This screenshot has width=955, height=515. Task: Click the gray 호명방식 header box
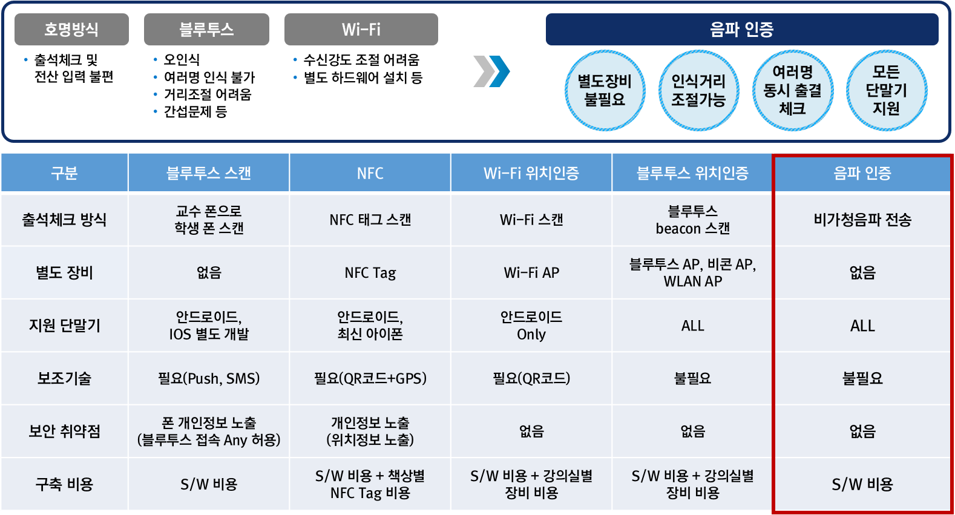tap(71, 29)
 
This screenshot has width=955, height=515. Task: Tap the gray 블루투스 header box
tap(206, 29)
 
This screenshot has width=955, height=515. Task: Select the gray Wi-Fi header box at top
tap(361, 29)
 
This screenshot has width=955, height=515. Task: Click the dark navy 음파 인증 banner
tap(741, 29)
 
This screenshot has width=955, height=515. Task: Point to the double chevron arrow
tap(491, 71)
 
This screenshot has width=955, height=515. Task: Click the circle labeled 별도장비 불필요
tap(605, 90)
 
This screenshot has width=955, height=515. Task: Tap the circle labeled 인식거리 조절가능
tap(698, 90)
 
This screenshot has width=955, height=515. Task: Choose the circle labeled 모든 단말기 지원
tap(886, 90)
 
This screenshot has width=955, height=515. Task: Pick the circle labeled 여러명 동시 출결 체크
tap(792, 90)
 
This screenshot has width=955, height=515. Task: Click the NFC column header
tap(370, 174)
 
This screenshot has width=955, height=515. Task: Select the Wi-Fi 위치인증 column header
tap(531, 174)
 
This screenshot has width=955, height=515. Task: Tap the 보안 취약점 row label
tap(64, 431)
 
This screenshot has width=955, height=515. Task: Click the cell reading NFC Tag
tap(370, 273)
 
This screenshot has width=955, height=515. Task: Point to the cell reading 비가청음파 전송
tap(862, 220)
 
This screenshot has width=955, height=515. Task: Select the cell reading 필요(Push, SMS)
tap(209, 379)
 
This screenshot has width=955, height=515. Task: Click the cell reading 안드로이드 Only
tap(531, 326)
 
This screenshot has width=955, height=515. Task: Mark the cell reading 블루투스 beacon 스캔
tap(692, 220)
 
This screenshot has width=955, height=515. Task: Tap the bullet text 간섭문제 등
tap(195, 112)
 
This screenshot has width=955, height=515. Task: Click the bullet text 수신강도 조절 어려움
tap(361, 60)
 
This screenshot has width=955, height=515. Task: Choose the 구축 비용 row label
tap(64, 484)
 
